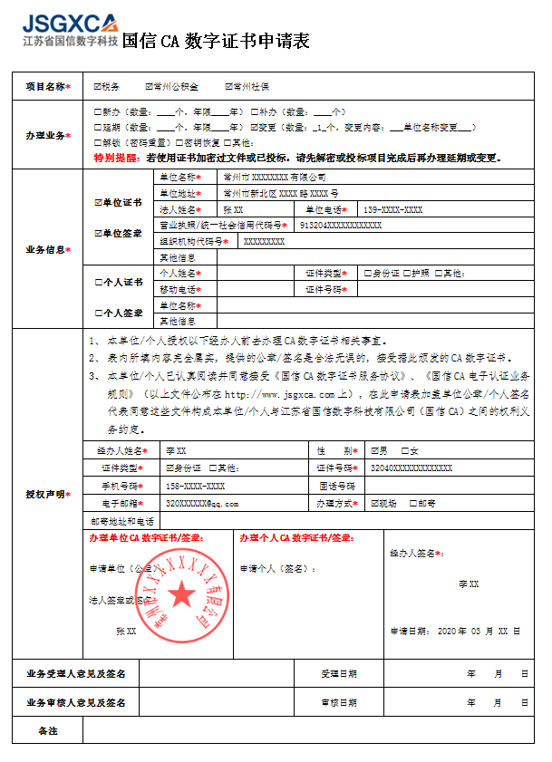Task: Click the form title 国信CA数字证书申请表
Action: pyautogui.click(x=215, y=42)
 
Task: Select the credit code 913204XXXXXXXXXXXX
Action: pyautogui.click(x=340, y=225)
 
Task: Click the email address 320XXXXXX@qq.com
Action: pyautogui.click(x=201, y=503)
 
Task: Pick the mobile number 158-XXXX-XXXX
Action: pyautogui.click(x=195, y=486)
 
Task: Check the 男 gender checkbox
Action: pyautogui.click(x=375, y=450)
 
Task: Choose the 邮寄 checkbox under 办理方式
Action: pyautogui.click(x=413, y=503)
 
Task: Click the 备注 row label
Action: pyautogui.click(x=47, y=730)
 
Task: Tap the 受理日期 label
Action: pyautogui.click(x=339, y=674)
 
